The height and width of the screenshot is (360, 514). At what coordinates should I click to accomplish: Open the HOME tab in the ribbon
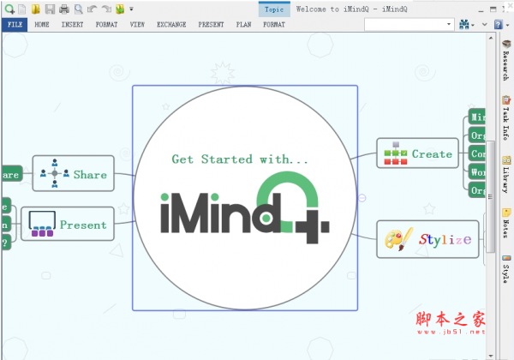click(x=42, y=25)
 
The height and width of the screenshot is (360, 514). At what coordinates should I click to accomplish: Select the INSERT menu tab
click(x=73, y=25)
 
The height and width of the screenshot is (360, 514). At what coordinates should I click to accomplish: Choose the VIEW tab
click(x=137, y=25)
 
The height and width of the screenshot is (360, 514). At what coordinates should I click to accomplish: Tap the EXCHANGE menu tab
click(x=171, y=25)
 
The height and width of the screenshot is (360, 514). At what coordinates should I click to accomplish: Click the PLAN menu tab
click(x=243, y=25)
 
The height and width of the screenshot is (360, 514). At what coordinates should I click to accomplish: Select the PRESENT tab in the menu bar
click(x=211, y=25)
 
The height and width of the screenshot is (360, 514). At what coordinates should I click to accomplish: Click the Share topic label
click(x=90, y=174)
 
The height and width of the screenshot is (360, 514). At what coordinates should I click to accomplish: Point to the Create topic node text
click(x=432, y=154)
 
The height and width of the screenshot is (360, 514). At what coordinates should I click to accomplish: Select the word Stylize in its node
click(x=445, y=239)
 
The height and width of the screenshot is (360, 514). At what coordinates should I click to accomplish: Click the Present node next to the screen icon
click(x=83, y=225)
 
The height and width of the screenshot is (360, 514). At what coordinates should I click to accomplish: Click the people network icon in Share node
click(x=54, y=173)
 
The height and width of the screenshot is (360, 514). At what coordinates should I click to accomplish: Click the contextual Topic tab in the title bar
click(x=274, y=9)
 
